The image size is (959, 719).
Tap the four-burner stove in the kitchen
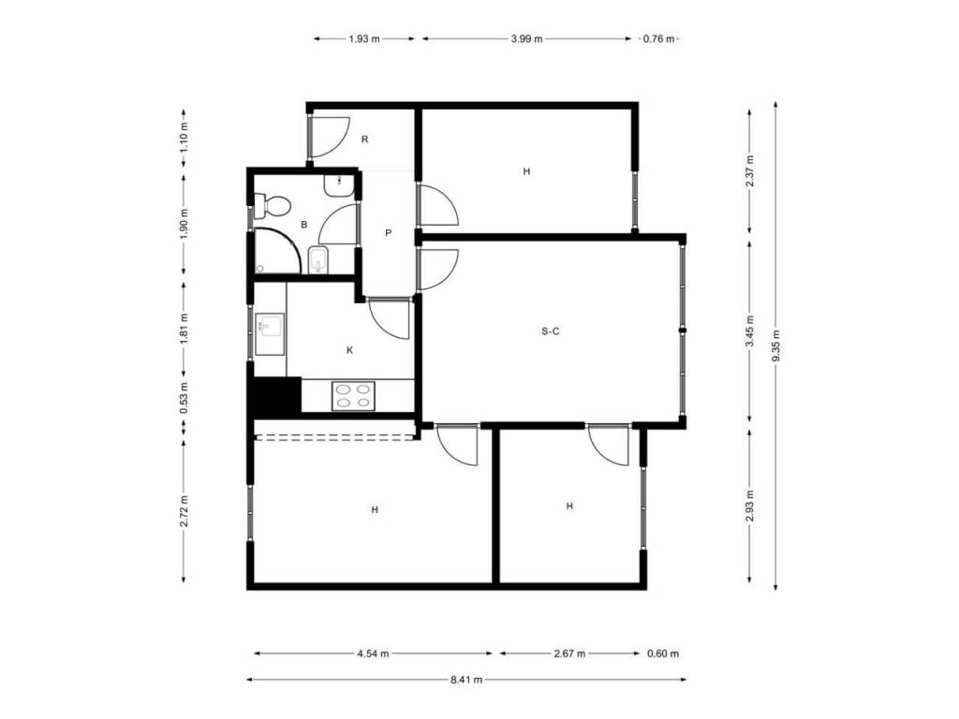coord(353,396)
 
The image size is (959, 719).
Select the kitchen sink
coord(270,334)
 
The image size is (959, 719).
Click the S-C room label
coord(551,331)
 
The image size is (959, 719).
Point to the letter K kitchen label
coord(350,350)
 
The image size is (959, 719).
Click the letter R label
coord(365,139)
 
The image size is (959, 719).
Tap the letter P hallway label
coord(389,233)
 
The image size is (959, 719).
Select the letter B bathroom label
coord(304,225)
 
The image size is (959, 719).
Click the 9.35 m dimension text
coord(775,345)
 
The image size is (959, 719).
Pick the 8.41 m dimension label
coord(466,680)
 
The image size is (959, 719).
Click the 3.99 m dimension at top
coord(526,39)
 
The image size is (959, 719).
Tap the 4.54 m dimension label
coord(373,653)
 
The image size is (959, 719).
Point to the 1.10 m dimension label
coord(184,138)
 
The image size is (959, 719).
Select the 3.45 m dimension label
coord(750,330)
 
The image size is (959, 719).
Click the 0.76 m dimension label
coord(658,39)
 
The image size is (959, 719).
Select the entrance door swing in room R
coord(331,137)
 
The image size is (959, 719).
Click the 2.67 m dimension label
coord(569,653)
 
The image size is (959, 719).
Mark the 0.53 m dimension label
coord(184,398)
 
